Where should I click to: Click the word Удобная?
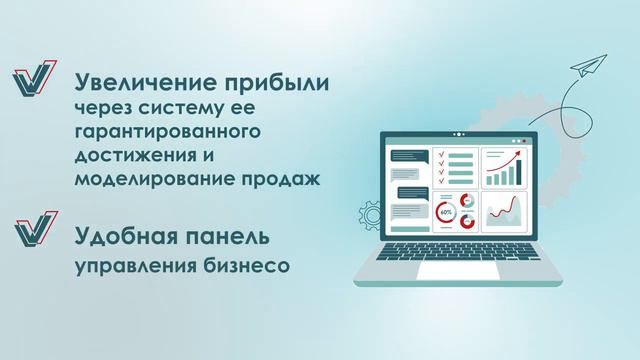(x=123, y=238)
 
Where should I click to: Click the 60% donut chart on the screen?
(x=446, y=212)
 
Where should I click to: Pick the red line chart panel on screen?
(x=504, y=212)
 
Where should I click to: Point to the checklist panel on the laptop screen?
(x=455, y=169)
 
